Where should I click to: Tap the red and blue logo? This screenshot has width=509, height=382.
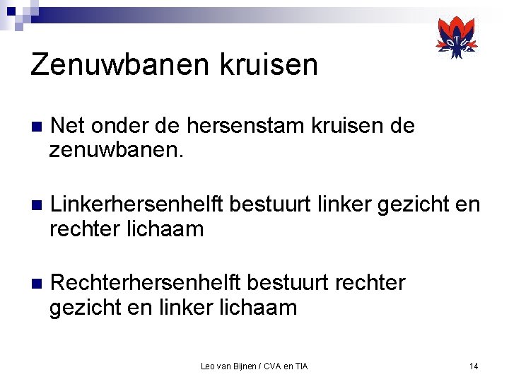tap(457, 38)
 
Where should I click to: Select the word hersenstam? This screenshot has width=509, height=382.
tap(240, 127)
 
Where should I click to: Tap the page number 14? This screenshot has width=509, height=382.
tap(474, 366)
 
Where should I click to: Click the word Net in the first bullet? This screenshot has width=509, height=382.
tap(67, 127)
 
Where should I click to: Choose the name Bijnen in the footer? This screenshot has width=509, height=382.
tap(242, 366)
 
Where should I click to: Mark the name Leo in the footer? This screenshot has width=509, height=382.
tap(208, 366)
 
